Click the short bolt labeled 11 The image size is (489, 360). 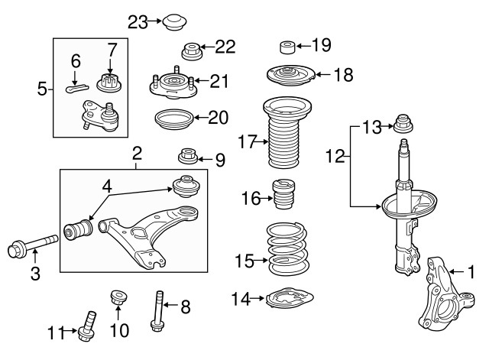coord(88,325)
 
